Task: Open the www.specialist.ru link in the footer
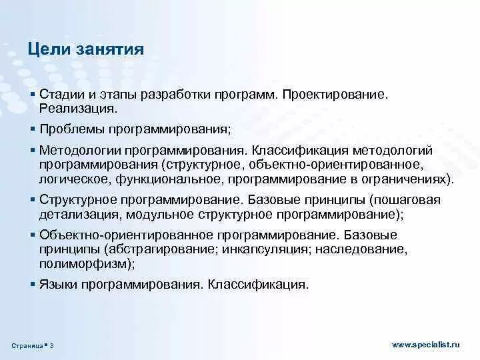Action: click(x=426, y=344)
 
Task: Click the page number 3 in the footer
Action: click(x=52, y=345)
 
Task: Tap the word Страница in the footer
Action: click(x=27, y=345)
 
